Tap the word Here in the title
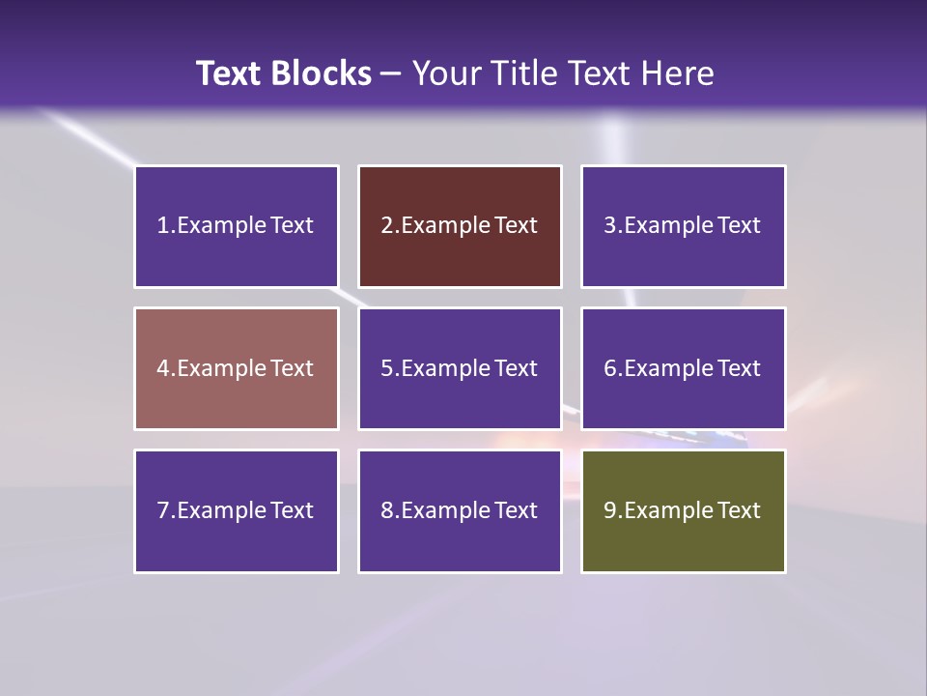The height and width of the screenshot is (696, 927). pos(679,73)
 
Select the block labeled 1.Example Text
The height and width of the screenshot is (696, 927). pos(237,226)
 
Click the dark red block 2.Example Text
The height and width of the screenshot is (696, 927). pos(460,226)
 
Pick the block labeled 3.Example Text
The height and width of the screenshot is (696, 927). pos(683,226)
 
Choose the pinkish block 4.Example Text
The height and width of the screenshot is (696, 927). pos(237,368)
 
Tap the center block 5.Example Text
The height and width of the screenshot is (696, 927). pos(460,368)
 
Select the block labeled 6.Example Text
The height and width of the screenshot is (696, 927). pos(683,368)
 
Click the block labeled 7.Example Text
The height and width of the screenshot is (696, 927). pos(237,510)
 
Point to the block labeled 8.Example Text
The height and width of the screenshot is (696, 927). pos(460,510)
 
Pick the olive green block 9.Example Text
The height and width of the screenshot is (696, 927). pos(683,510)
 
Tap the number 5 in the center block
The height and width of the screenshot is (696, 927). pos(386,368)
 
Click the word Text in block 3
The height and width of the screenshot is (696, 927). pos(740,226)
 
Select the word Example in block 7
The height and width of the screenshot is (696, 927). pos(222,510)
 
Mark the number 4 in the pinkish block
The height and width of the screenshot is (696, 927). pos(163,368)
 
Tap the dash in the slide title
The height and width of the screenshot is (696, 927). pos(391,73)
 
